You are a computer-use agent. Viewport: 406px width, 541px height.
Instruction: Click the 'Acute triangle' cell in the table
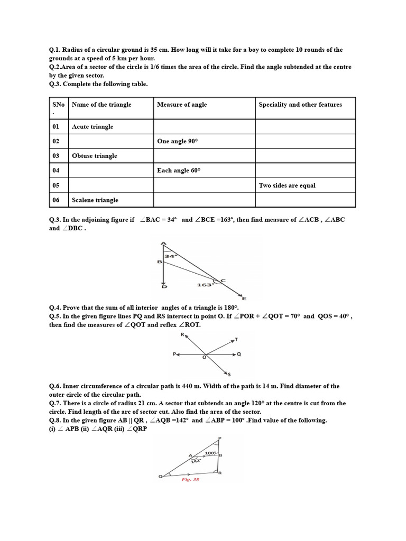point(93,127)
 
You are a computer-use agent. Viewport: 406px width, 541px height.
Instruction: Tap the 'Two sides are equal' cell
point(287,185)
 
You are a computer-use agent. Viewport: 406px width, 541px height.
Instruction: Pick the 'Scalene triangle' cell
point(95,200)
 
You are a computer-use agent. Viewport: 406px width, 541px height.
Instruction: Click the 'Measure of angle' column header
point(182,105)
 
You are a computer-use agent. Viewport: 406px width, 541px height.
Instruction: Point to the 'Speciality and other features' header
point(300,105)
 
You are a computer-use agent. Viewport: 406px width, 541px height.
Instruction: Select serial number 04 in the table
point(56,171)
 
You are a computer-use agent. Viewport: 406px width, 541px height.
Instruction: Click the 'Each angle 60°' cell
point(179,171)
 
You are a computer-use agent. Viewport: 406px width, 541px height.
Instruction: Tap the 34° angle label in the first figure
point(170,256)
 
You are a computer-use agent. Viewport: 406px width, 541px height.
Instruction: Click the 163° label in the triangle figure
point(204,285)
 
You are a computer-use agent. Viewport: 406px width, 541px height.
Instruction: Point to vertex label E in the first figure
point(244,299)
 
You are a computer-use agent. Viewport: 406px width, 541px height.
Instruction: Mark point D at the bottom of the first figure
point(164,286)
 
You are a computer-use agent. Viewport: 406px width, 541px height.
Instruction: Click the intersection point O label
point(205,358)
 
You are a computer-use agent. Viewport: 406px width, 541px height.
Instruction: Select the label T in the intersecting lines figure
point(236,339)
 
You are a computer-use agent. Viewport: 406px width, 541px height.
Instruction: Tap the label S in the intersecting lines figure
point(228,374)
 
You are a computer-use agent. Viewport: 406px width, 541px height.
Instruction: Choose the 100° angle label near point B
point(210,453)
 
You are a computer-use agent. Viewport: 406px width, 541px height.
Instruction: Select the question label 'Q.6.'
point(56,386)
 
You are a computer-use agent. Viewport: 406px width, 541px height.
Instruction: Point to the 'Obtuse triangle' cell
point(95,156)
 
